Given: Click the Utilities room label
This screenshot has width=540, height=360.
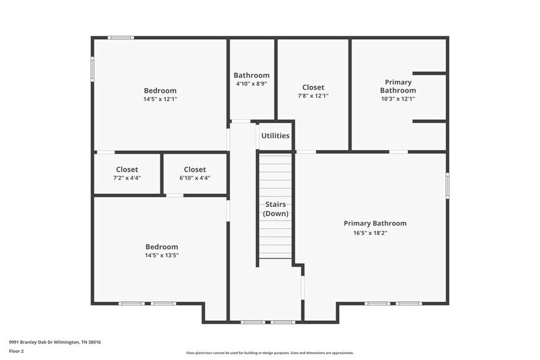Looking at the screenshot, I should click(275, 136).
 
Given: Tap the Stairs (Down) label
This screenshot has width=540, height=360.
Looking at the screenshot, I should click(276, 209).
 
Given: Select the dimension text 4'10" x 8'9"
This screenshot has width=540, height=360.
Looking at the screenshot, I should click(251, 84).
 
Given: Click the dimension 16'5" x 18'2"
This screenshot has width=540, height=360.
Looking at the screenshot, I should click(370, 233).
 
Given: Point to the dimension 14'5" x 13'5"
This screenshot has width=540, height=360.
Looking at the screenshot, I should click(161, 255).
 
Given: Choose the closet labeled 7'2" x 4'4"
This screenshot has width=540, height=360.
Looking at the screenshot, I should click(127, 173).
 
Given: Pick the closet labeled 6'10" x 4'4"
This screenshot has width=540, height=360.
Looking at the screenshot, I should click(195, 173).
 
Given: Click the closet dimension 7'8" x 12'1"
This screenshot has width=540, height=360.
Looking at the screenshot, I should click(313, 96).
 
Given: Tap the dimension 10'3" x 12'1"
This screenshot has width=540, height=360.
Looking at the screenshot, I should click(398, 99).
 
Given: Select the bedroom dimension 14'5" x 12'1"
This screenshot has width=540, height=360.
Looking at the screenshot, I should click(160, 99).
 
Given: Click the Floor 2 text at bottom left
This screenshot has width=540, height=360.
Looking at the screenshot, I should click(17, 351).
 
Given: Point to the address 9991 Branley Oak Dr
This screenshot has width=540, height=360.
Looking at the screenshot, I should click(54, 342).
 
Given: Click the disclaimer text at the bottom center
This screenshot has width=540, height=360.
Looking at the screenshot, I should click(269, 353).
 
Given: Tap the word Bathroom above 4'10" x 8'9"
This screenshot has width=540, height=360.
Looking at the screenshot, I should click(251, 75).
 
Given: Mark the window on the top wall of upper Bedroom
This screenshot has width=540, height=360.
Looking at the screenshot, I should click(121, 38).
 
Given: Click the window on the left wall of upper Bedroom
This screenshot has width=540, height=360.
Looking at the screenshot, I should click(93, 69).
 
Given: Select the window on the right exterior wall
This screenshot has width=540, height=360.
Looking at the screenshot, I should click(448, 183).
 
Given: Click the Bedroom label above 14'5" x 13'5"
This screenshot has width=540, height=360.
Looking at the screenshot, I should click(161, 247).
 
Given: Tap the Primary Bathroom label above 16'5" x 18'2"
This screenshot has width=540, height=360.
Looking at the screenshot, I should click(375, 223).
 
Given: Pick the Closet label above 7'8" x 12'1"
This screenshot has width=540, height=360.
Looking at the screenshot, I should click(313, 88).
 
